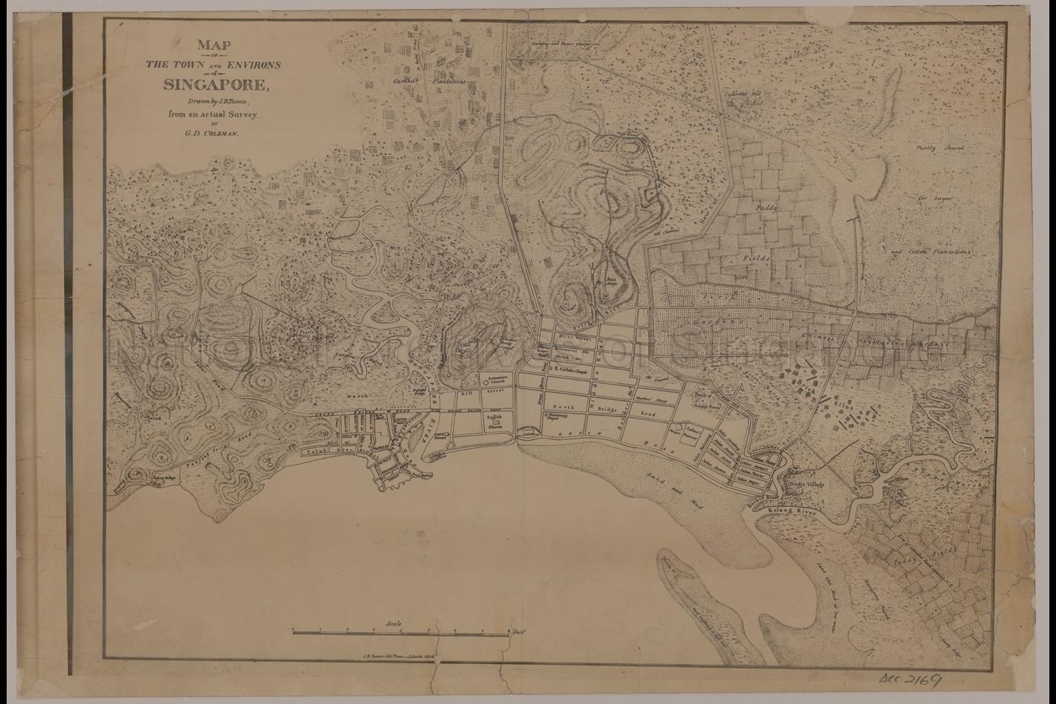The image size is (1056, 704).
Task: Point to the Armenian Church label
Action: [497, 379]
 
